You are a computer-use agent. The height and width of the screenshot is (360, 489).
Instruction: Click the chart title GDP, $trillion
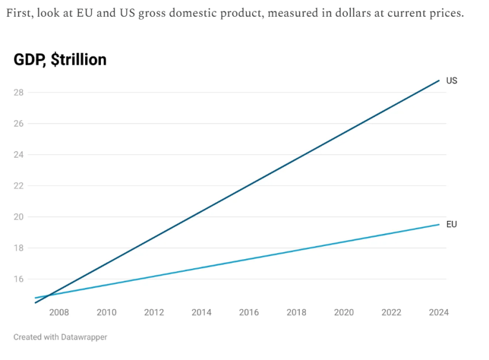60,59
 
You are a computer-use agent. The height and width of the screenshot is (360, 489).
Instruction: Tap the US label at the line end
452,80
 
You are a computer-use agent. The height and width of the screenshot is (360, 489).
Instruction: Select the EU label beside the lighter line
452,224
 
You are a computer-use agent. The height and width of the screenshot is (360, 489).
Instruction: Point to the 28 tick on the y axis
19,92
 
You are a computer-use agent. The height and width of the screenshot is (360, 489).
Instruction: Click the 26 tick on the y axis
19,124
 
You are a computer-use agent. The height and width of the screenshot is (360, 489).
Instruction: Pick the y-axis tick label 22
19,186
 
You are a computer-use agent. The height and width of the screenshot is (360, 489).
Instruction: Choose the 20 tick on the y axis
19,217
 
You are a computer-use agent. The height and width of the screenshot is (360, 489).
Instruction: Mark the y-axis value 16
19,279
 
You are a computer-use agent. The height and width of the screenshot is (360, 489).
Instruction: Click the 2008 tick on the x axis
59,313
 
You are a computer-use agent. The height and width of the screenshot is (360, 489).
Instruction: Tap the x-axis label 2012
154,313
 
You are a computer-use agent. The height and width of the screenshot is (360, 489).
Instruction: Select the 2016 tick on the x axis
249,313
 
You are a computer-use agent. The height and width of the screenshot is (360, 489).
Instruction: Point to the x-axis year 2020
344,313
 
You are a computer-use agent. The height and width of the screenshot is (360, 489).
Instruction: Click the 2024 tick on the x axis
439,313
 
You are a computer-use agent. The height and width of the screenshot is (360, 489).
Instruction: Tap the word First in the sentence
18,13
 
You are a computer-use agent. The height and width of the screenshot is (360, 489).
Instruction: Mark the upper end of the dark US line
439,80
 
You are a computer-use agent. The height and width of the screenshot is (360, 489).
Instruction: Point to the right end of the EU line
439,224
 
